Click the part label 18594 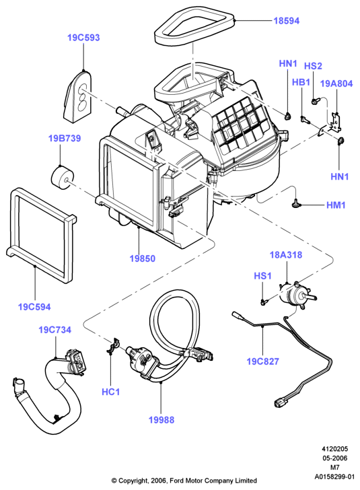pos(286,21)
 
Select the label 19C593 pos(83,38)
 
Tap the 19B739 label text pos(65,138)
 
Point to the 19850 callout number pos(142,258)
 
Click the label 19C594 pos(34,307)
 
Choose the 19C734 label pos(55,330)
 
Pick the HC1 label pos(110,392)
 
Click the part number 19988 pos(161,420)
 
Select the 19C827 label pos(262,361)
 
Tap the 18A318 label pos(286,254)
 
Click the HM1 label pos(336,205)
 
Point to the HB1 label pos(301,82)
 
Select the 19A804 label pos(336,83)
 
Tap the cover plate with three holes pos(78,96)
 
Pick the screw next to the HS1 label pos(264,302)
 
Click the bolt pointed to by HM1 pos(295,204)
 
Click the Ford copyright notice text pos(184,481)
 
